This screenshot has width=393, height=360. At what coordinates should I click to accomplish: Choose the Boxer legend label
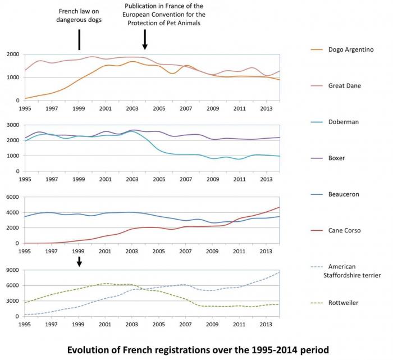pyautogui.click(x=336, y=158)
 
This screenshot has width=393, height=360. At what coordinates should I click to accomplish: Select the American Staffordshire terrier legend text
pyautogui.click(x=349, y=271)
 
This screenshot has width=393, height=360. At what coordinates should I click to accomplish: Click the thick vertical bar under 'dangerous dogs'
pyautogui.click(x=79, y=39)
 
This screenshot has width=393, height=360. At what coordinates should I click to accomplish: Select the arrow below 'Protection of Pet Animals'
pyautogui.click(x=145, y=39)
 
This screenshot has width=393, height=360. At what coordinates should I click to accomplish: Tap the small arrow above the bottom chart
pyautogui.click(x=79, y=261)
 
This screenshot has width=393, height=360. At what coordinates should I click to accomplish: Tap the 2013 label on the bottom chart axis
pyautogui.click(x=266, y=325)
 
